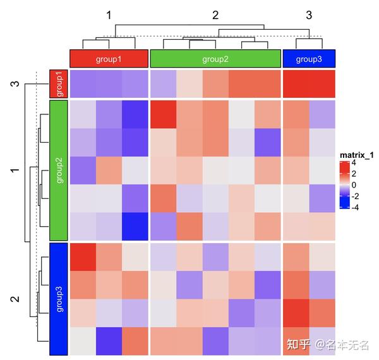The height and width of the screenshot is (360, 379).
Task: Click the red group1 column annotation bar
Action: tap(109, 59)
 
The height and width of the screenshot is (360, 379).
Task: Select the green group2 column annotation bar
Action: tap(215, 59)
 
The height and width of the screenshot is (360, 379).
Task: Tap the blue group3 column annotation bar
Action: tap(309, 59)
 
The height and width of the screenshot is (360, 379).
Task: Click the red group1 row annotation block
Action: tap(57, 84)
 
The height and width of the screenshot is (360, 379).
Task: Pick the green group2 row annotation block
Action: tap(57, 169)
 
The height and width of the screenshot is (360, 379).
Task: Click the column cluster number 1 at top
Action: tap(109, 14)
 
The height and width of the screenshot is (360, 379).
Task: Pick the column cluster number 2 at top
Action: tap(215, 14)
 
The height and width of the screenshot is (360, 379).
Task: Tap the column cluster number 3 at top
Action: tap(309, 14)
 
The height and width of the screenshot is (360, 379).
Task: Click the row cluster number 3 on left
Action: tap(15, 84)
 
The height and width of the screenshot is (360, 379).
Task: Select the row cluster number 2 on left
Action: tap(15, 299)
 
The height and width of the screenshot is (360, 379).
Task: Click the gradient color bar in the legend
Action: tap(344, 184)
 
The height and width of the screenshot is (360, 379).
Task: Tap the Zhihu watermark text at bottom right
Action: tap(328, 344)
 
